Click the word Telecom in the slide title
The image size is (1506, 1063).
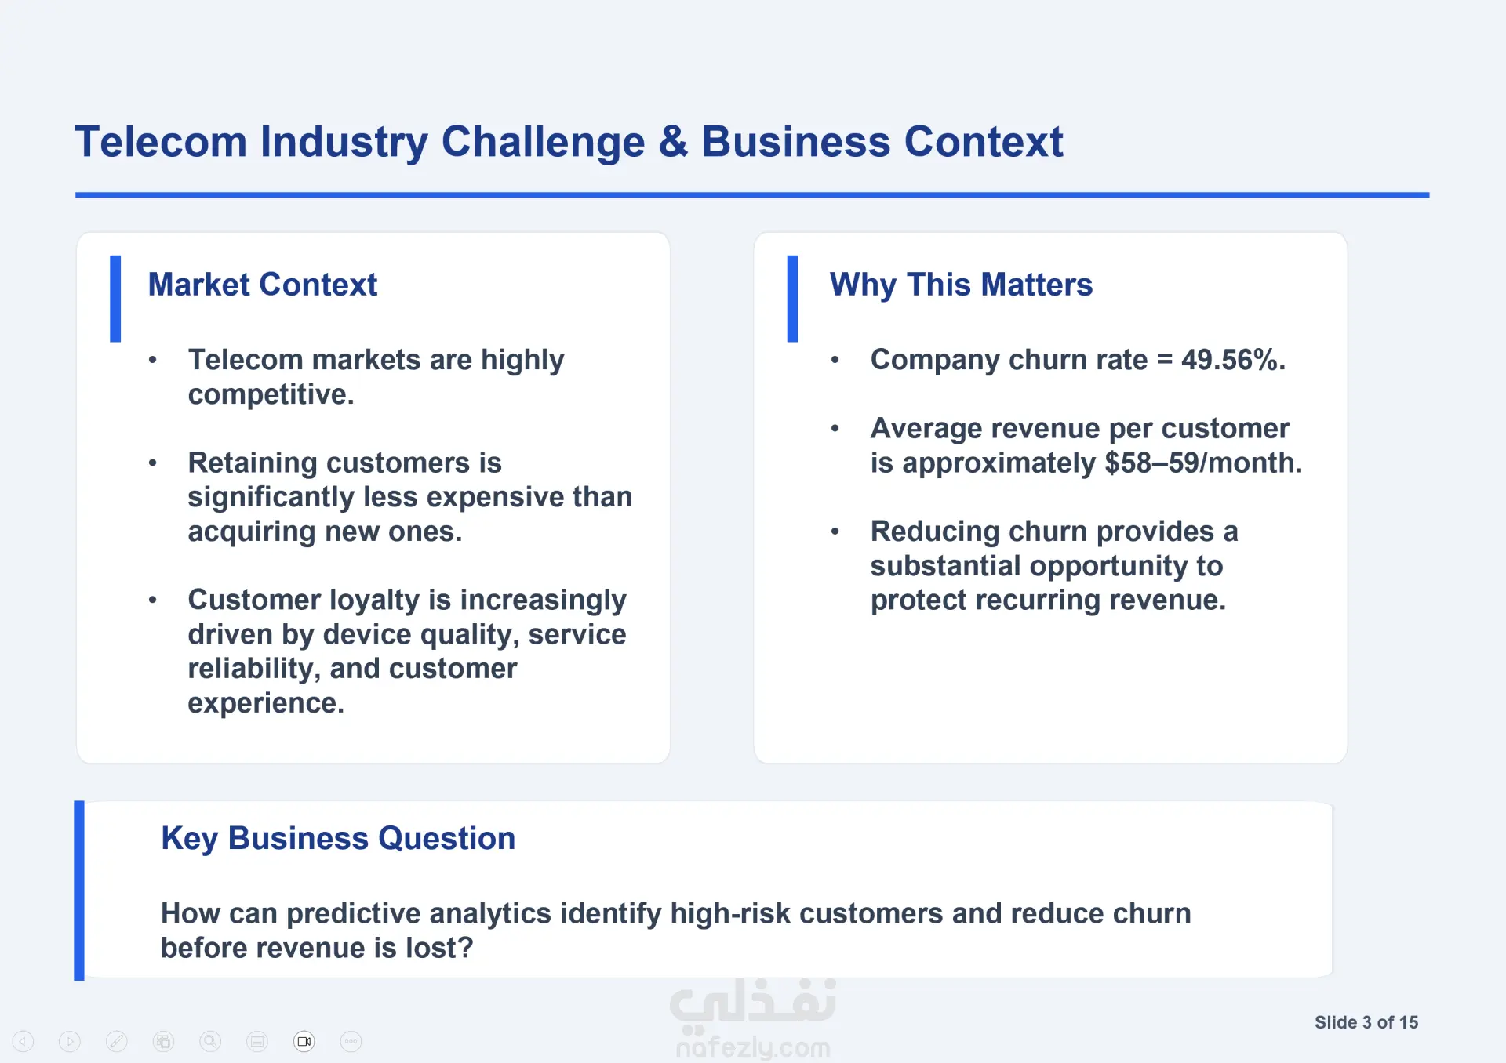click(161, 142)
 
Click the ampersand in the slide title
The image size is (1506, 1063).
click(673, 142)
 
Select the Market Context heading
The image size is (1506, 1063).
click(263, 285)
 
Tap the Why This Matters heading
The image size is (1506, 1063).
click(961, 285)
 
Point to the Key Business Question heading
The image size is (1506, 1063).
click(338, 839)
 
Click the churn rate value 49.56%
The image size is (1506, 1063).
click(1233, 360)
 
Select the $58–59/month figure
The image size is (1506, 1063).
click(1203, 463)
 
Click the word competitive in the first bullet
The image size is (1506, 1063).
click(271, 394)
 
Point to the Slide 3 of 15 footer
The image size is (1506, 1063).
click(1366, 1022)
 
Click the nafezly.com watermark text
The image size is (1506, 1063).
click(753, 1047)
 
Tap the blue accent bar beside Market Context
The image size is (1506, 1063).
click(115, 299)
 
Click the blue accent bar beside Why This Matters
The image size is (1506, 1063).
click(792, 299)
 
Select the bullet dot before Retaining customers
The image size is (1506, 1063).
click(153, 463)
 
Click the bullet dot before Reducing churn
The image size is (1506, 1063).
click(835, 531)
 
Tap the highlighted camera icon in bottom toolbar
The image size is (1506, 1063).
click(304, 1041)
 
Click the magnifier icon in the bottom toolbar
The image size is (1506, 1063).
click(210, 1041)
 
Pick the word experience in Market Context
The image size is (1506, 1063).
click(266, 703)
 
